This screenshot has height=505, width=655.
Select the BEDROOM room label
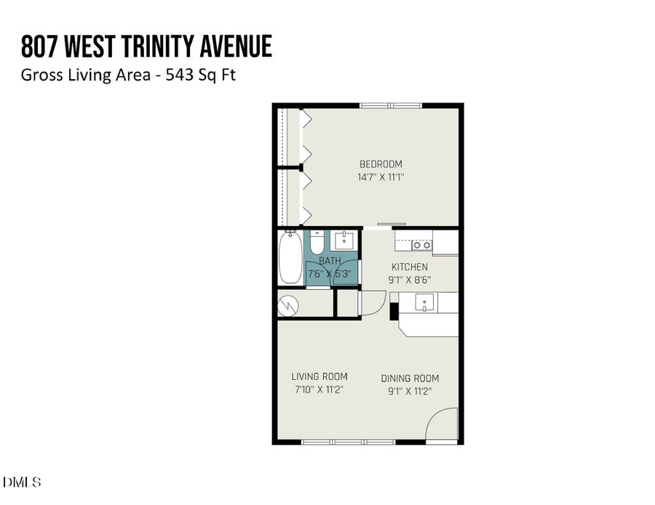pyautogui.click(x=380, y=164)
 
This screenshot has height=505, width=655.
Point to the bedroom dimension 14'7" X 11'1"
pyautogui.click(x=380, y=177)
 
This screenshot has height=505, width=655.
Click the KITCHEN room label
pyautogui.click(x=410, y=267)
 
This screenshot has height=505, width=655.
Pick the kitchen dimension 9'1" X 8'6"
pyautogui.click(x=410, y=279)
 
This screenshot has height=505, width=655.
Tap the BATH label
pyautogui.click(x=330, y=261)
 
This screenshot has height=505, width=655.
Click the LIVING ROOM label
pyautogui.click(x=319, y=376)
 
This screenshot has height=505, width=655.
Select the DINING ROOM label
pyautogui.click(x=410, y=379)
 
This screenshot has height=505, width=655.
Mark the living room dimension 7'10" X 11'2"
pyautogui.click(x=319, y=389)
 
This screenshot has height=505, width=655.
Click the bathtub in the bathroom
pyautogui.click(x=290, y=258)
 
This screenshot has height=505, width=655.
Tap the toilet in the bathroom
pyautogui.click(x=316, y=242)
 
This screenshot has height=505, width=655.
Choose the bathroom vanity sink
pyautogui.click(x=343, y=241)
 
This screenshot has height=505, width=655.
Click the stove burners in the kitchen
pyautogui.click(x=421, y=246)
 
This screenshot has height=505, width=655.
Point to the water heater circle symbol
pyautogui.click(x=289, y=305)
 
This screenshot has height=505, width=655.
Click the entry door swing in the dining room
pyautogui.click(x=441, y=425)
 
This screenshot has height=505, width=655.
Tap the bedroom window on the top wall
pyautogui.click(x=391, y=106)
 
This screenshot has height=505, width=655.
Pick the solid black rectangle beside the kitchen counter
pyautogui.click(x=394, y=311)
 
